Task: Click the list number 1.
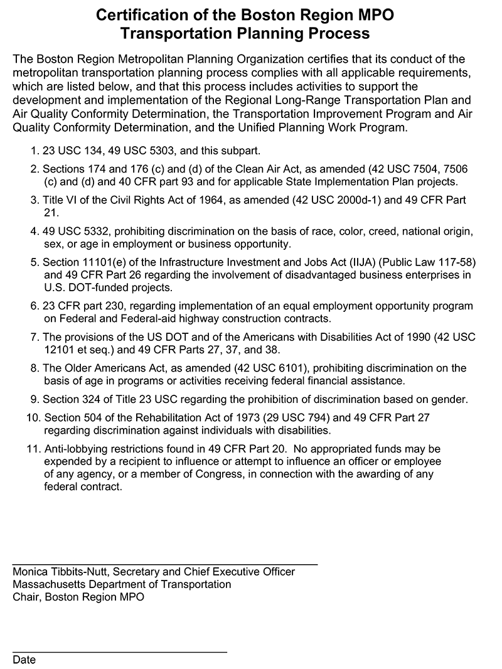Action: [34, 151]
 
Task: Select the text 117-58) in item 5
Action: [457, 262]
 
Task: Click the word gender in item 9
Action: [447, 399]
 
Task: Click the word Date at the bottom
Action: [24, 660]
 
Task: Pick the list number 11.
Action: [33, 449]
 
